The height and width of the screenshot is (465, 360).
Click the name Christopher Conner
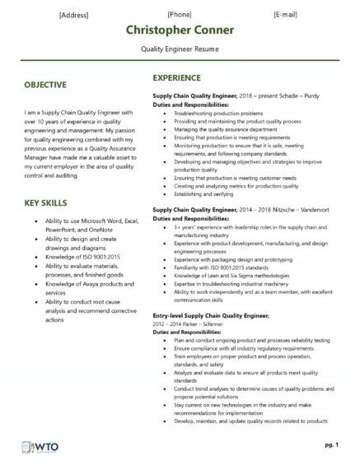pyautogui.click(x=180, y=30)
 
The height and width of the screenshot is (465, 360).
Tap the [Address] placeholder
pyautogui.click(x=74, y=15)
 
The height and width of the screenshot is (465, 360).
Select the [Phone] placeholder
pyautogui.click(x=180, y=15)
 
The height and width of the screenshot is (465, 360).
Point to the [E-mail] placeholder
pyautogui.click(x=286, y=15)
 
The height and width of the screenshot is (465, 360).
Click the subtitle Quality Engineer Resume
pyautogui.click(x=180, y=49)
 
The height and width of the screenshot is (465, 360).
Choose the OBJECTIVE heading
pyautogui.click(x=46, y=85)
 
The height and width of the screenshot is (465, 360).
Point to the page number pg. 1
pyautogui.click(x=332, y=444)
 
